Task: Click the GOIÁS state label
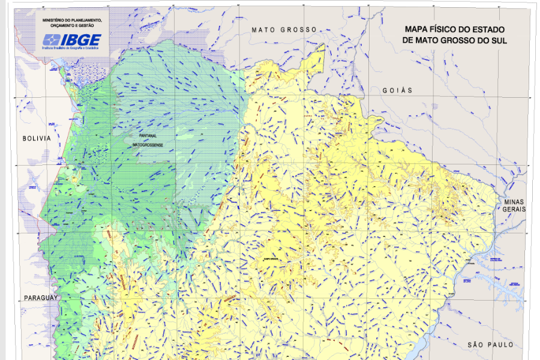(398, 90)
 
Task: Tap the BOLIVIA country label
(37, 138)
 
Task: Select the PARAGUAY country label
(41, 298)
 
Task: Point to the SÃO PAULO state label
(490, 344)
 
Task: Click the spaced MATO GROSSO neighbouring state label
(284, 30)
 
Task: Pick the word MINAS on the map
(515, 202)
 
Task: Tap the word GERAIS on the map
(515, 209)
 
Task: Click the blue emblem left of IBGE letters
(50, 41)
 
